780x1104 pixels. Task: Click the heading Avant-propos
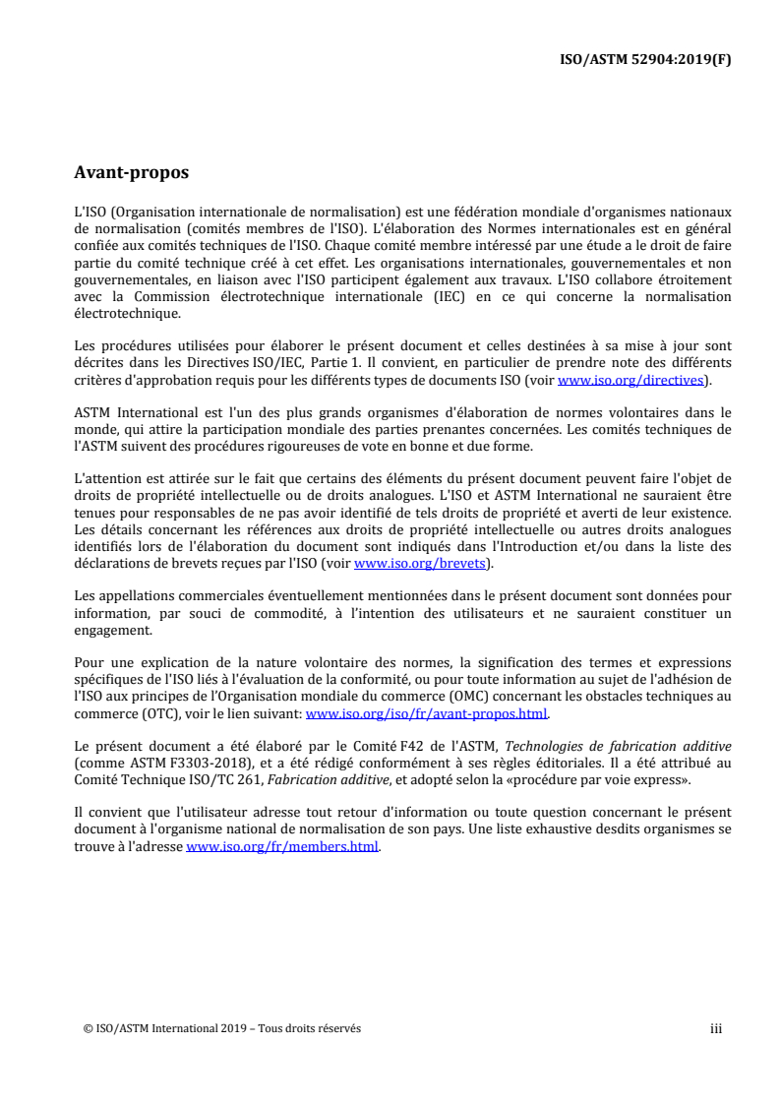131,173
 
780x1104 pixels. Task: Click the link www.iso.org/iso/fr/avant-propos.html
428,715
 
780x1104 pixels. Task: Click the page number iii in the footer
716,1029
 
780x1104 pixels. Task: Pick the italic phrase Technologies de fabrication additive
619,745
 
